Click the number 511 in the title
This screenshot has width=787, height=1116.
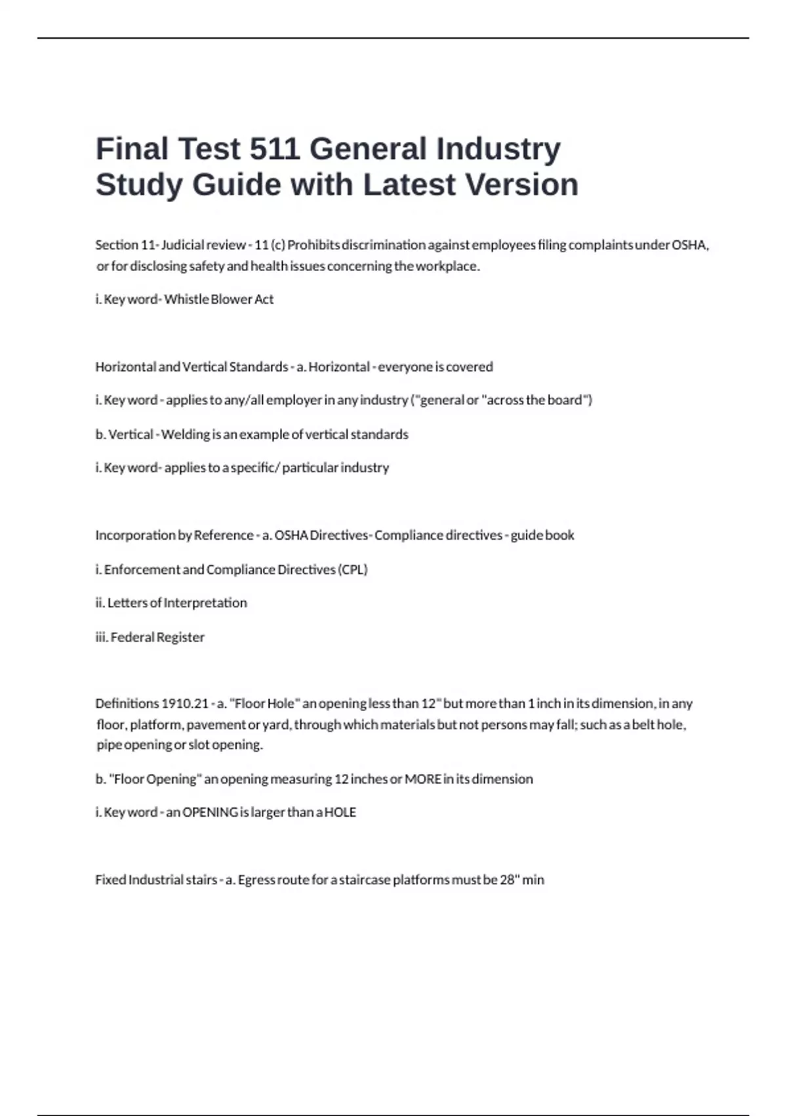pos(275,149)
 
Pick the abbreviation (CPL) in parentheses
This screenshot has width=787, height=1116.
pos(353,570)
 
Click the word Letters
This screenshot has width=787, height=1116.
pos(127,603)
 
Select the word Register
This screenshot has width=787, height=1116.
pos(180,637)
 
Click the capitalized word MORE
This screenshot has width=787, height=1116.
pos(422,779)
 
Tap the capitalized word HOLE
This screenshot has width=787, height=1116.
pos(340,813)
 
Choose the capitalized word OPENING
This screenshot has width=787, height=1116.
pos(210,813)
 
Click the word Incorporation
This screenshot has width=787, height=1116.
pos(134,536)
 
